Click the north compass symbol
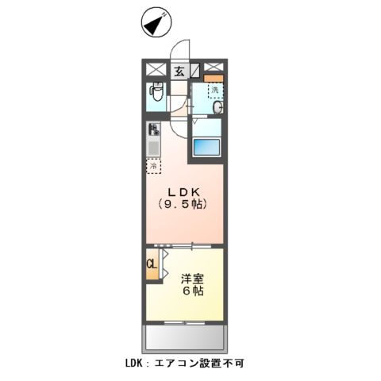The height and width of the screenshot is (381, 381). click(x=156, y=23)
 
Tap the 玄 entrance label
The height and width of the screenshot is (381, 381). click(x=179, y=71)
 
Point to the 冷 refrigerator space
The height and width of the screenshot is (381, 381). click(x=153, y=167)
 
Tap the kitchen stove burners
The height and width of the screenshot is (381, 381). click(x=152, y=130)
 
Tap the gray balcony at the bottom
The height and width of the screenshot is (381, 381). click(x=184, y=339)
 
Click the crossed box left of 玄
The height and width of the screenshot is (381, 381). click(x=155, y=69)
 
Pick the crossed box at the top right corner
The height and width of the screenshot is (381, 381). click(x=213, y=68)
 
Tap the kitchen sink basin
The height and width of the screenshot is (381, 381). click(x=152, y=148)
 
